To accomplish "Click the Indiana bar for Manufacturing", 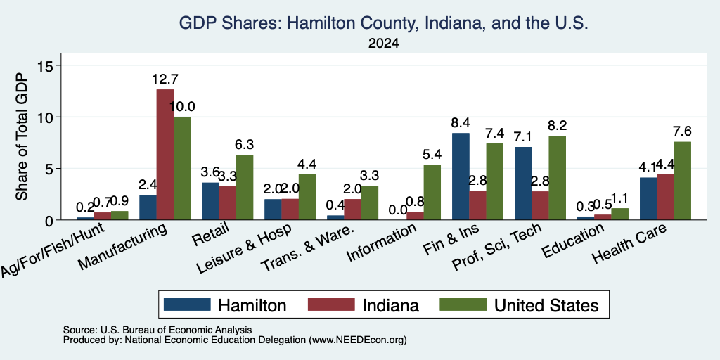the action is pyautogui.click(x=165, y=155).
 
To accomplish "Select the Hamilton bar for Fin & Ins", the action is pyautogui.click(x=461, y=176).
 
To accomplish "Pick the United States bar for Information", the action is pyautogui.click(x=432, y=193).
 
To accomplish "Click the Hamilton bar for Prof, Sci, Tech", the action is pyautogui.click(x=523, y=184).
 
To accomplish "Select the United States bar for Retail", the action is pyautogui.click(x=244, y=187).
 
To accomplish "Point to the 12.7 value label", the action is pyautogui.click(x=165, y=79).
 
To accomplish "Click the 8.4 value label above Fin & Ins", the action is pyautogui.click(x=461, y=123).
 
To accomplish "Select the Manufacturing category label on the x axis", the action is pyautogui.click(x=122, y=247).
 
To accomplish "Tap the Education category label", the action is pyautogui.click(x=573, y=242).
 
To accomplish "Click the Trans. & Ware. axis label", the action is pyautogui.click(x=308, y=248).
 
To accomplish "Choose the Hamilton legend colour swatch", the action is pyautogui.click(x=187, y=304).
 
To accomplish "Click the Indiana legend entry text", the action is pyautogui.click(x=391, y=305).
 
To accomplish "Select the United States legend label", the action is pyautogui.click(x=546, y=305).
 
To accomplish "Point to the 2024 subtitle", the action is pyautogui.click(x=383, y=44).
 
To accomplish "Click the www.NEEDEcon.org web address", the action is pyautogui.click(x=358, y=340).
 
